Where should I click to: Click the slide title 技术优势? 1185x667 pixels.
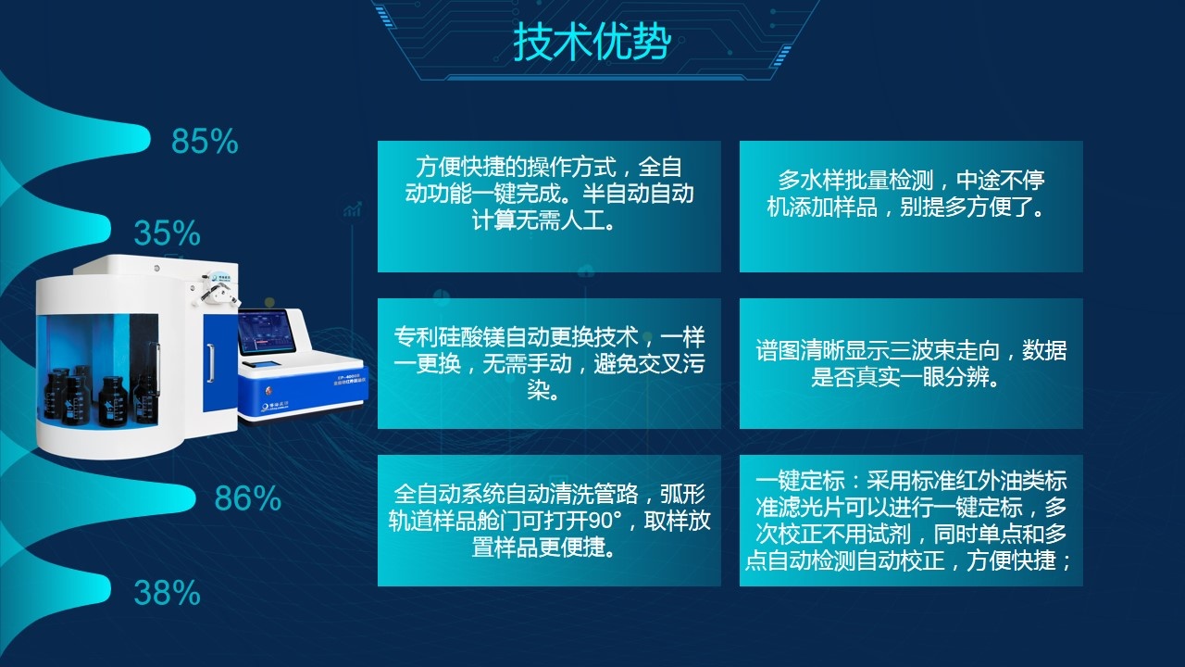point(592,42)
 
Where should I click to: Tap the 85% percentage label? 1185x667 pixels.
point(205,142)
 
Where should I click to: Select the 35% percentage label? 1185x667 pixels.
point(167,233)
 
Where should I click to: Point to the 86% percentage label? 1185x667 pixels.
point(247,498)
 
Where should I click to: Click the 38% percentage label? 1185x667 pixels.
point(167,592)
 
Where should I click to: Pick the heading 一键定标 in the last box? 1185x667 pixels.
point(796,482)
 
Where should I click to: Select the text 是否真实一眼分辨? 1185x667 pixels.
point(904,378)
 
